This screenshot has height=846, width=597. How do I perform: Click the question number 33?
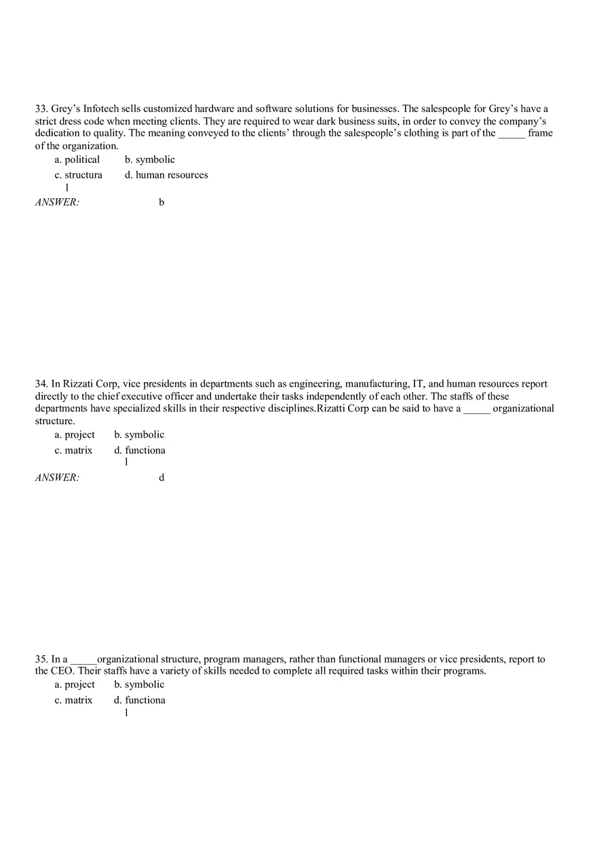tap(41, 109)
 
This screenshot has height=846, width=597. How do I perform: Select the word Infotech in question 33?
tap(103, 109)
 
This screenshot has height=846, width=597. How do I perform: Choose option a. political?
tap(77, 160)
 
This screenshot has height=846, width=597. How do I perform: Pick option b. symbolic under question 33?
tap(150, 160)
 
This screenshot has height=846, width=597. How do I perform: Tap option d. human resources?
tap(166, 175)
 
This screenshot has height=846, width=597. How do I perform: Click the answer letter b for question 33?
tap(161, 202)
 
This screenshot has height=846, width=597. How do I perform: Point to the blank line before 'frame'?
tap(512, 134)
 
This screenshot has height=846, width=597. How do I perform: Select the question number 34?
tap(41, 384)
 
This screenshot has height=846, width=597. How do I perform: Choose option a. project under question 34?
tap(75, 435)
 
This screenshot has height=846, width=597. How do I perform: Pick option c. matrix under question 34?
tap(73, 450)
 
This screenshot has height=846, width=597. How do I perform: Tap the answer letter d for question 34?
tap(161, 478)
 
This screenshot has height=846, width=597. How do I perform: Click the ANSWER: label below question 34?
tap(57, 478)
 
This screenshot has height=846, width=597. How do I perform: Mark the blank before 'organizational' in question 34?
tap(477, 409)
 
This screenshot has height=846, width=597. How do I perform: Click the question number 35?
tap(41, 659)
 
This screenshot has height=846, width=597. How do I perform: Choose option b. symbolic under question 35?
tap(139, 685)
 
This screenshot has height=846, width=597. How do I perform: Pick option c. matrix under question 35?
tap(73, 700)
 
